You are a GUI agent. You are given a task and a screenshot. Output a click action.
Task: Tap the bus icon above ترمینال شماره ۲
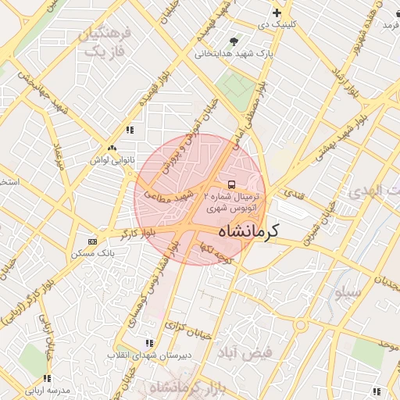(x=231, y=184)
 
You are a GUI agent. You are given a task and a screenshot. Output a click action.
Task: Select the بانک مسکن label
(x=93, y=253)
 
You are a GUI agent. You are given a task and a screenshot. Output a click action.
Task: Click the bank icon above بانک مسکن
(x=93, y=241)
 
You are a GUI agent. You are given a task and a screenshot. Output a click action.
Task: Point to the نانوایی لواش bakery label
(x=108, y=159)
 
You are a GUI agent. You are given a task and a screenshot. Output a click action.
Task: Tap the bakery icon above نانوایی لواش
(x=112, y=147)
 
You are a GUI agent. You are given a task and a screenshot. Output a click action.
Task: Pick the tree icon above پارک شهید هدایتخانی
(x=234, y=41)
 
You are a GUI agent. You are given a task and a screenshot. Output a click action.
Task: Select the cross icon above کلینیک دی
(x=277, y=13)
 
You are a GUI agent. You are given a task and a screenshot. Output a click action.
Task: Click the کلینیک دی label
(x=277, y=25)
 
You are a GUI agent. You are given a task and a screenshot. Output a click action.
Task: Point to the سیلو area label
(x=348, y=292)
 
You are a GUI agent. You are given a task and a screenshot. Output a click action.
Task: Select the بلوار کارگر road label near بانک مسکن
(x=134, y=232)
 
